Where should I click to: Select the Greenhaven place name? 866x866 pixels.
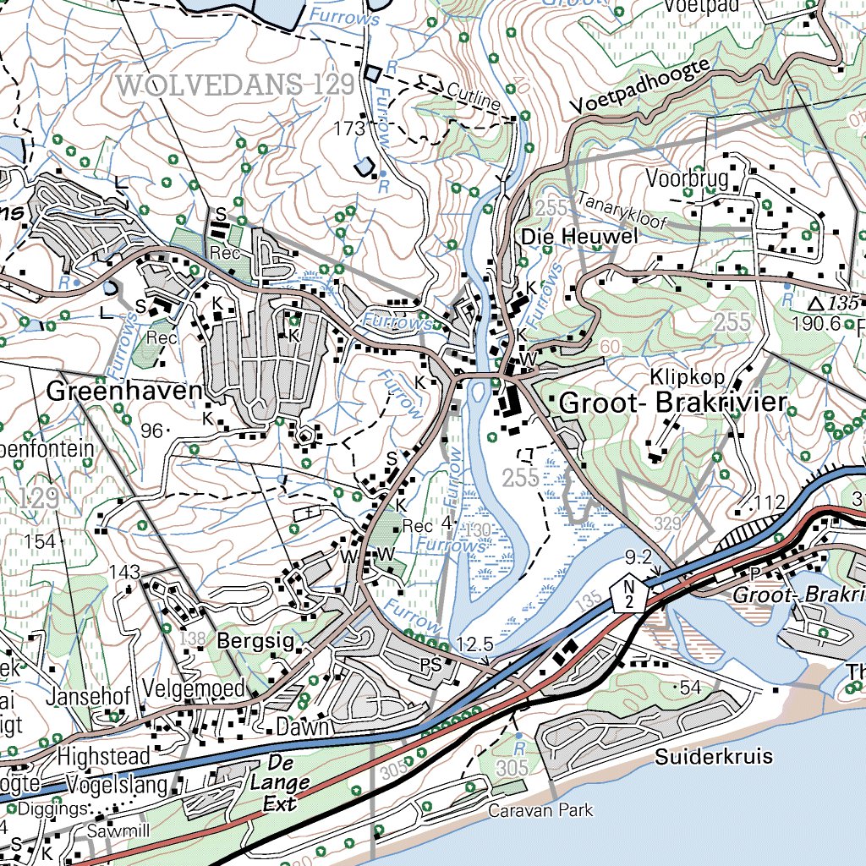(x=125, y=392)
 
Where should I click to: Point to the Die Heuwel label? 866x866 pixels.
(x=579, y=237)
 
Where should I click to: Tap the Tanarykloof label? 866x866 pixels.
(x=623, y=212)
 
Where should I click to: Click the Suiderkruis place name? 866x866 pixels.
(x=714, y=756)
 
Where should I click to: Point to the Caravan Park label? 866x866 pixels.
(x=541, y=810)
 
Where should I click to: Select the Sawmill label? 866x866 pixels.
(x=118, y=831)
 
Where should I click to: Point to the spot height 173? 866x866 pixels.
(x=348, y=129)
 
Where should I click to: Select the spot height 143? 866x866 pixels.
(x=123, y=573)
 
